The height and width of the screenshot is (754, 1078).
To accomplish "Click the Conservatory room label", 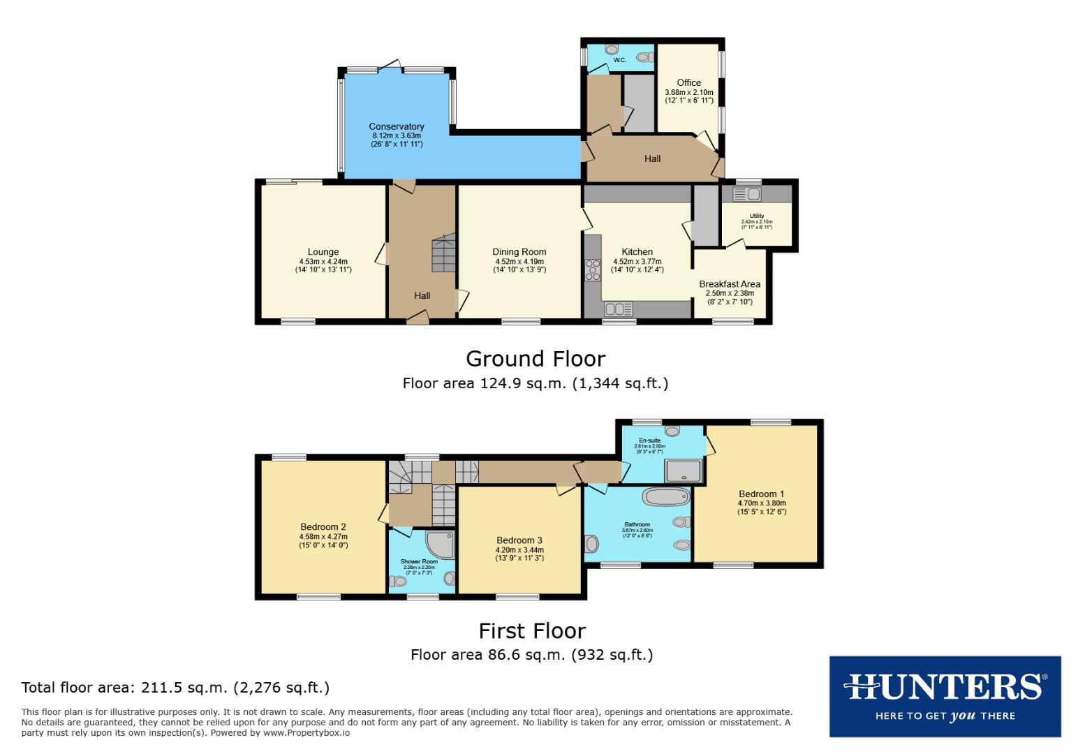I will (x=397, y=127).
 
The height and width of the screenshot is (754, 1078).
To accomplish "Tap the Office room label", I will (x=688, y=82).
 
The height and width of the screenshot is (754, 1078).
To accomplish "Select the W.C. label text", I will (x=620, y=61).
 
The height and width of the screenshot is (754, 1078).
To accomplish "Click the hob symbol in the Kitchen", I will (x=593, y=269).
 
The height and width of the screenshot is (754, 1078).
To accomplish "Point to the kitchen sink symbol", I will (x=619, y=309).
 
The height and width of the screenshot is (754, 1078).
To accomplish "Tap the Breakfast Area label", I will (x=730, y=284).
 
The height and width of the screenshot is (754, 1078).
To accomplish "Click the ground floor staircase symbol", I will (x=443, y=255).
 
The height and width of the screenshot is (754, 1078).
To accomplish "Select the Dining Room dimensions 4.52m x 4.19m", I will (x=519, y=262).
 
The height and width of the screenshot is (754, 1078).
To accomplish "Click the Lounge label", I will (x=323, y=252).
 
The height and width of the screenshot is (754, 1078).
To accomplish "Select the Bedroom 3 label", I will (x=519, y=540).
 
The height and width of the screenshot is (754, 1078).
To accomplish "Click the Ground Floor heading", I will (x=536, y=359).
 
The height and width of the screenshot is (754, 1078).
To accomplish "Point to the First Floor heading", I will (x=532, y=631).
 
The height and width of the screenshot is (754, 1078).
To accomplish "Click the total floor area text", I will (x=175, y=688).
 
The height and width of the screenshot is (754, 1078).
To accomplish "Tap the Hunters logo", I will (x=945, y=696).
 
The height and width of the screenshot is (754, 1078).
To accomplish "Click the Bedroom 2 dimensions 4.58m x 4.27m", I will (x=323, y=537).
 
